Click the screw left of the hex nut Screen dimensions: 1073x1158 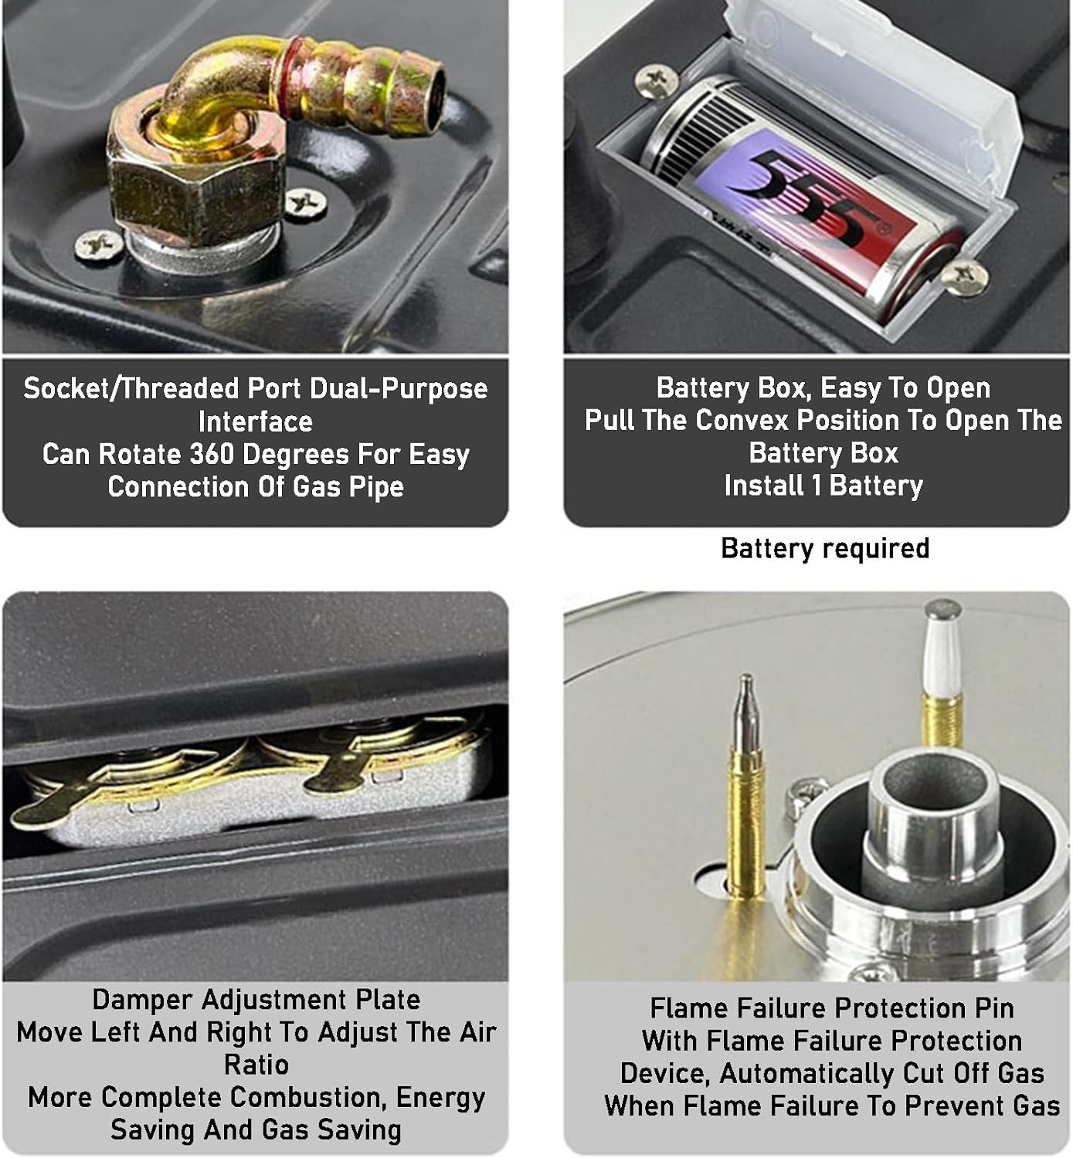pos(99,245)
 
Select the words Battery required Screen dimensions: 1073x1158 pos(824,549)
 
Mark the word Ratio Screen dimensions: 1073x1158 pos(256,1065)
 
